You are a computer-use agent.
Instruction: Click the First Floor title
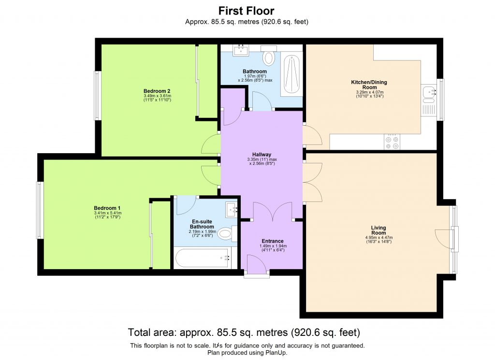(247, 11)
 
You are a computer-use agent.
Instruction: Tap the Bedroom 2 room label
(157, 91)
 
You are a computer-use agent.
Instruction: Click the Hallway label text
(262, 155)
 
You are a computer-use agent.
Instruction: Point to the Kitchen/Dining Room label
(369, 85)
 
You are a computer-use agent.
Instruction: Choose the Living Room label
(379, 230)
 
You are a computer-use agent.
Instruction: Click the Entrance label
(272, 241)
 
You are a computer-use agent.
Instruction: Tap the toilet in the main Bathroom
(269, 58)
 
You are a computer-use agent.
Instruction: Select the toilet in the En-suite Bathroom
(226, 234)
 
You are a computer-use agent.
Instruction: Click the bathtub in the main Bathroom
(292, 74)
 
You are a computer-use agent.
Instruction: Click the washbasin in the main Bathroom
(240, 51)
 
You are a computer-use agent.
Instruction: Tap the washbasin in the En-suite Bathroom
(233, 209)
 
